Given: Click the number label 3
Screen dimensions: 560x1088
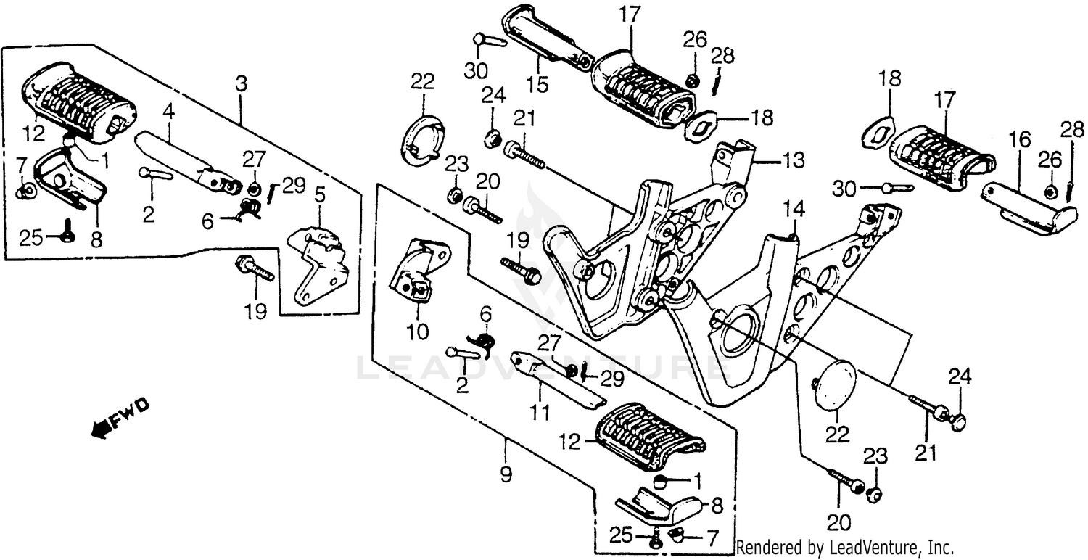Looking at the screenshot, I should point(241,84).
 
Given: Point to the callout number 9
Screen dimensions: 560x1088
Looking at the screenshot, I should point(505,475).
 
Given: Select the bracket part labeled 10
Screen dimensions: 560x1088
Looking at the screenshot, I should point(419,272).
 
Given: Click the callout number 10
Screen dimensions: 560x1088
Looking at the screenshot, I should point(418,333).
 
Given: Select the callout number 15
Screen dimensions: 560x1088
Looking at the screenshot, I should point(537,84).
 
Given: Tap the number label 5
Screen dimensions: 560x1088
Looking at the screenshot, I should point(319,194).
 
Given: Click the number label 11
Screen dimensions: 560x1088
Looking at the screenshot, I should point(537,413).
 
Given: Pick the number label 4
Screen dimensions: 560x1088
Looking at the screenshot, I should point(168,112).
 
